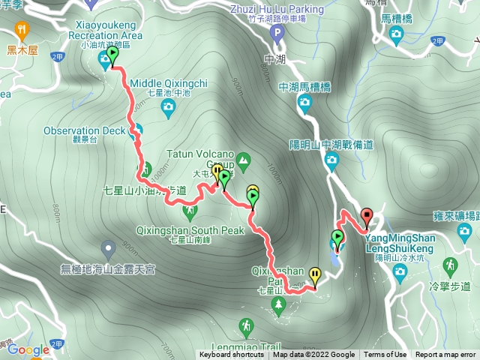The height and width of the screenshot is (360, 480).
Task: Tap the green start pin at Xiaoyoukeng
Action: (112, 55)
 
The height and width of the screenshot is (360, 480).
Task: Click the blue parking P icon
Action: (277, 33)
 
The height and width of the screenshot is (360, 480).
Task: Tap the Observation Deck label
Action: (84, 130)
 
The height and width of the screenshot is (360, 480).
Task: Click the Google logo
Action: (28, 349)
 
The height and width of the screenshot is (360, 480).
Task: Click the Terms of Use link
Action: (385, 355)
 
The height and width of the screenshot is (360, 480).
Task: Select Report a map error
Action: (445, 355)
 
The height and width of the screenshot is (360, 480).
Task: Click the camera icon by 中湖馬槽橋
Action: (304, 106)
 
